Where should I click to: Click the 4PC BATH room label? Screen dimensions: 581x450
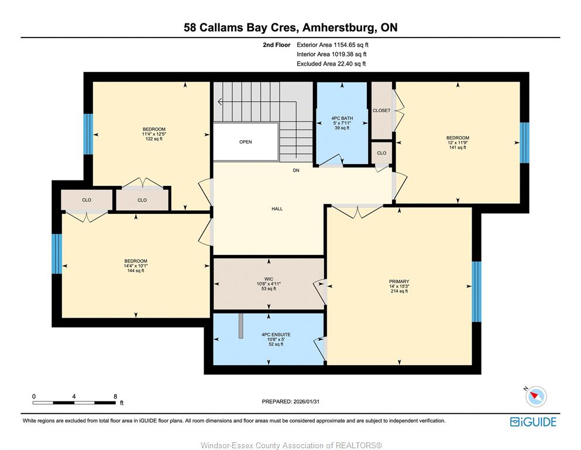point(342,118)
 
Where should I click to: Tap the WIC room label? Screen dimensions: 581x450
point(269,279)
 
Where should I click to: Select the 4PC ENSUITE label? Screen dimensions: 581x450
point(276,335)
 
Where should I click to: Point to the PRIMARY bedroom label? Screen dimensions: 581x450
point(399,282)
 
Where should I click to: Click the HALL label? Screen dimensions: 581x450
point(277,209)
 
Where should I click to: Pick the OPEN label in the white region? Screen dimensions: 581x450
point(246,142)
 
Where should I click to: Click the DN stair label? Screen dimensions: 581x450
point(296,171)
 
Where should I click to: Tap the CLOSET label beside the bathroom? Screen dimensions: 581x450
point(381,111)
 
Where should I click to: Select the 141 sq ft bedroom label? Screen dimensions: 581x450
point(458,142)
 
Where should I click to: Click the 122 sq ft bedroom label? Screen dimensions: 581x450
point(154,134)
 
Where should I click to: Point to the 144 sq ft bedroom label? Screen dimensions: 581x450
point(136,265)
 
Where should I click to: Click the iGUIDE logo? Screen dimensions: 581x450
point(533,422)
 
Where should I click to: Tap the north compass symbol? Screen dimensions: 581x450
point(535,396)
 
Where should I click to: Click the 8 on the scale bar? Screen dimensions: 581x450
point(116,396)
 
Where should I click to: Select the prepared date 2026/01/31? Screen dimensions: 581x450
point(306,401)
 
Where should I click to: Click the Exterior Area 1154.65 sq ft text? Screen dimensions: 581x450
point(332,45)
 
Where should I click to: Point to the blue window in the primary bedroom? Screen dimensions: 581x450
point(476,292)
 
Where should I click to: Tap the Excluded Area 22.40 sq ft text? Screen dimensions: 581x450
point(331,64)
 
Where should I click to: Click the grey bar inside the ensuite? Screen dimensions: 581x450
point(241,326)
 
